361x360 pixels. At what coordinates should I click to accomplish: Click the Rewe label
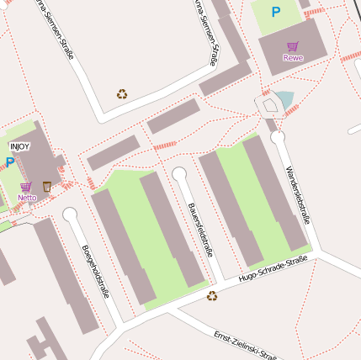point(293,58)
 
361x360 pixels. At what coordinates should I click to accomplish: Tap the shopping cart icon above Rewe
point(293,46)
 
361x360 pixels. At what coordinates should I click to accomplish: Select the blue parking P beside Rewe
point(275,13)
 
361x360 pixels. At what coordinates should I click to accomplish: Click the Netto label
point(27,198)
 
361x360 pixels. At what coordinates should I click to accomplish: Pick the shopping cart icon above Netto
point(26,187)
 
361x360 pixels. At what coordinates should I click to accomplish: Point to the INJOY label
point(19,146)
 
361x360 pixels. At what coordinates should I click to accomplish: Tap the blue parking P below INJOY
point(10,161)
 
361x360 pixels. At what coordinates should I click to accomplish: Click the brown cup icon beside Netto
point(47,187)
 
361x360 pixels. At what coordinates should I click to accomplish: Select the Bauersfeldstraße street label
point(200,229)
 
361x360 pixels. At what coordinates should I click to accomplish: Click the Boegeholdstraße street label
point(95,271)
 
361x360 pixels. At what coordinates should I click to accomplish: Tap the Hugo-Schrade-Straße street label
point(273,269)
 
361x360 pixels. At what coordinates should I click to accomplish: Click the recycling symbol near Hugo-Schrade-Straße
point(212,295)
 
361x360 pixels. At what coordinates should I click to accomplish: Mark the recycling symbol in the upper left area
point(122,94)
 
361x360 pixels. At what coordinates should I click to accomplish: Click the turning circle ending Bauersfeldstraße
point(179,173)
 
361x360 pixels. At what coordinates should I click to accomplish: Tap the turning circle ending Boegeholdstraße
point(70,214)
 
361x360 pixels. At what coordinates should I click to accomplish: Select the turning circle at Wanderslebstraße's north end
point(278,135)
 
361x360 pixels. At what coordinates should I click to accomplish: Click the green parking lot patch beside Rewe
point(275,17)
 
